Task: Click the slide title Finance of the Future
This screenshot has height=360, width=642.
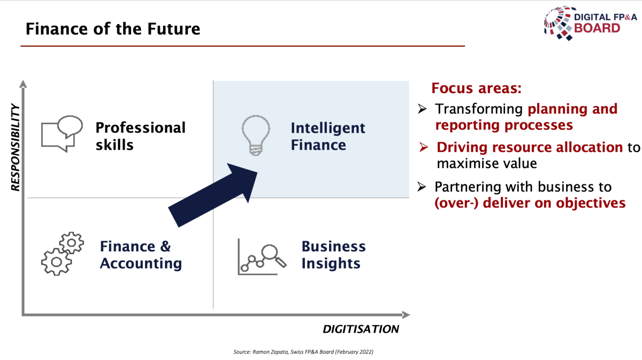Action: click(113, 29)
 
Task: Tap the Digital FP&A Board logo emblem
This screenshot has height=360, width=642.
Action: click(559, 23)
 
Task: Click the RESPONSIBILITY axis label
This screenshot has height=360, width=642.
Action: click(15, 147)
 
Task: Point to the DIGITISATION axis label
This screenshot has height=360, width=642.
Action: click(361, 329)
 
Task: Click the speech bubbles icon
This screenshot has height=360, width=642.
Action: click(62, 134)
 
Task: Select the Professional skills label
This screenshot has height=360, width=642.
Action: click(140, 136)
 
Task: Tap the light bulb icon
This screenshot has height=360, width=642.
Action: click(256, 135)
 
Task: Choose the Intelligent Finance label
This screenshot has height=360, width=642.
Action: click(328, 136)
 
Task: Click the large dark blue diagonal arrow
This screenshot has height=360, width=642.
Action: click(213, 195)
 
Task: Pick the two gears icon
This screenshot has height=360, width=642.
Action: click(63, 254)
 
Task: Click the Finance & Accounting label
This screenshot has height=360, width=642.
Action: click(141, 255)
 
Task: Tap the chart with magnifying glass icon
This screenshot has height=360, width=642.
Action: click(262, 257)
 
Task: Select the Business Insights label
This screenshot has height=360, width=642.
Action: click(334, 255)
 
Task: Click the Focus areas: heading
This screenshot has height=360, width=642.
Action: click(476, 88)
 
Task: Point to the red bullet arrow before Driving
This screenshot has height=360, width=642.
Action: click(423, 147)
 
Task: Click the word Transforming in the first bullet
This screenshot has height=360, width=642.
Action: click(479, 109)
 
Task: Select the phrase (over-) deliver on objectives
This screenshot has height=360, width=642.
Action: click(530, 203)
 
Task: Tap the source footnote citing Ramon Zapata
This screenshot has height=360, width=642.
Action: click(303, 351)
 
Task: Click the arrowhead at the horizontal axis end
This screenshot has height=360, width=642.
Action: click(406, 315)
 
